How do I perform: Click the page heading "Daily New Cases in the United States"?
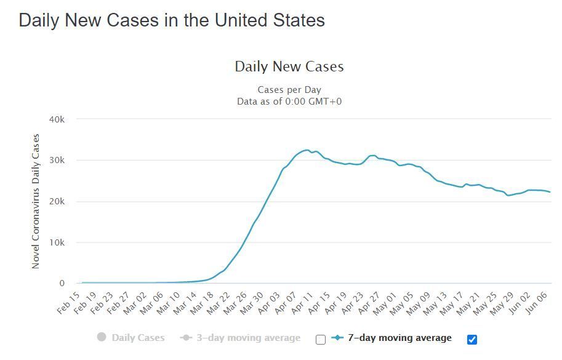tap(172, 20)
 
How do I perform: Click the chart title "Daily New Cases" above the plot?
tap(289, 66)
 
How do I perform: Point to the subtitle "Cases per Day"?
tap(289, 90)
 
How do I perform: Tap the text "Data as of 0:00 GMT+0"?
tap(289, 102)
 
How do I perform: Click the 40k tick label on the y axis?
tap(57, 119)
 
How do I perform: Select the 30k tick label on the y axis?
tap(57, 160)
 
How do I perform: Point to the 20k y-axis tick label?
tap(57, 201)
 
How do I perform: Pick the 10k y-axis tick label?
tap(57, 242)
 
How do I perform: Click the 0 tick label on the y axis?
tap(62, 283)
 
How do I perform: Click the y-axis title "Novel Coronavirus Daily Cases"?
tap(36, 201)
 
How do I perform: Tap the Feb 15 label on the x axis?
tap(68, 303)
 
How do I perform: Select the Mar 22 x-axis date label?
tap(219, 303)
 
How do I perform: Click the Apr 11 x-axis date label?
tap(302, 303)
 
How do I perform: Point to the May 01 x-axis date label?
tap(385, 304)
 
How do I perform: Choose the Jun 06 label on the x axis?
tap(537, 303)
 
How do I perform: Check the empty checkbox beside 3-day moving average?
tap(321, 339)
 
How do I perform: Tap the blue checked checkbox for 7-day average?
tap(472, 339)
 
